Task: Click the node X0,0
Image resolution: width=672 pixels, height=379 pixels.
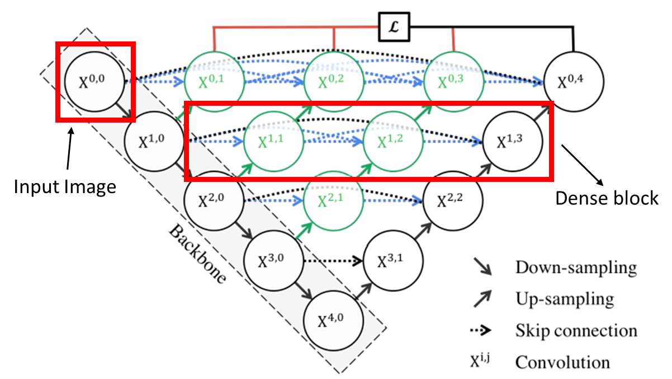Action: point(93,82)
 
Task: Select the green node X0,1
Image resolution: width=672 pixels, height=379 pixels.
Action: point(215,82)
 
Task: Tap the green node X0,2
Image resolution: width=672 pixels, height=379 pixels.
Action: point(334,82)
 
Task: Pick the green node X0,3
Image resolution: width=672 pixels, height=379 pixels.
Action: point(453,82)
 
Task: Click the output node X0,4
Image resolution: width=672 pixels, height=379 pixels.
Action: point(572,82)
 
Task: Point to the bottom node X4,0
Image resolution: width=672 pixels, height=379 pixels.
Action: point(334,321)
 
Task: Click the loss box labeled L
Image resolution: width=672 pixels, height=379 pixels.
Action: point(394,26)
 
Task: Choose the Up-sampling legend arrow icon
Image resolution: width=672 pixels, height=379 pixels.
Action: point(481,299)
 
